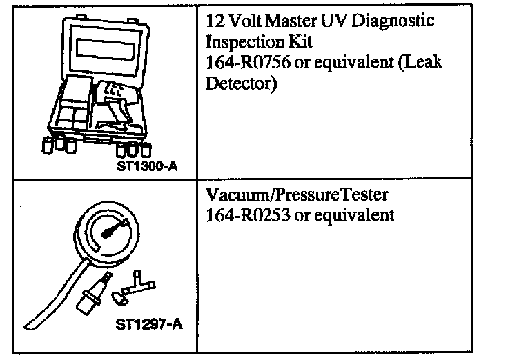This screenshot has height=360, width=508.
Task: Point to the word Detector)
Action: pyautogui.click(x=242, y=84)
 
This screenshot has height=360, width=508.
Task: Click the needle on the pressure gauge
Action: pyautogui.click(x=113, y=229)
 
